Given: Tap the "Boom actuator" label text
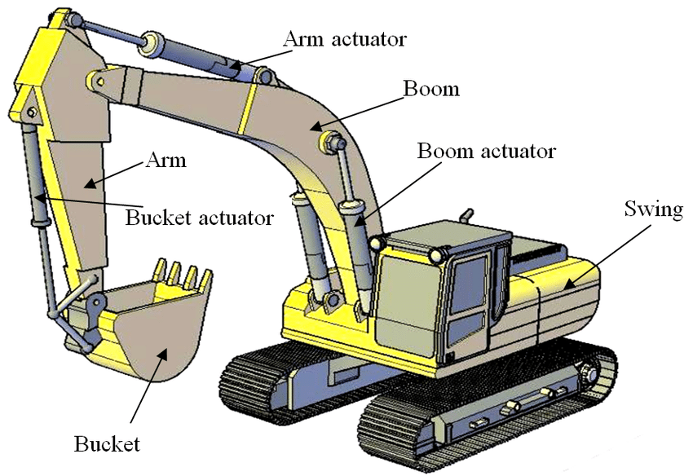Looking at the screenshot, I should coord(486,151).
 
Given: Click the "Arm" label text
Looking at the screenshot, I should coord(166,160).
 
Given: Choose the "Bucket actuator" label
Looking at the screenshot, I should coord(200,218).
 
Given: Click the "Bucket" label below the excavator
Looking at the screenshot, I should coord(107,444).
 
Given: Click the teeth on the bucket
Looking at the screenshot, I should coord(183,274).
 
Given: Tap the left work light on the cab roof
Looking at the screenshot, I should coord(377,243).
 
